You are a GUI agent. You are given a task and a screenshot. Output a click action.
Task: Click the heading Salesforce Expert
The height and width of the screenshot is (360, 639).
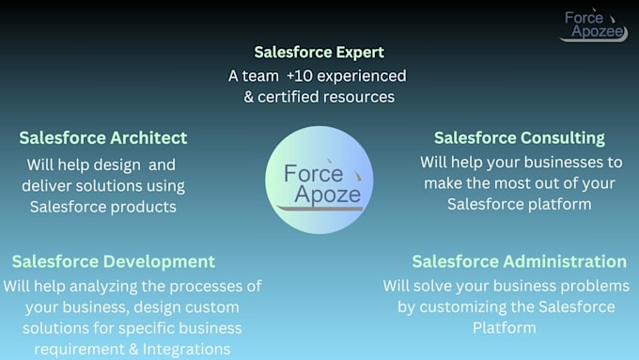click(x=319, y=52)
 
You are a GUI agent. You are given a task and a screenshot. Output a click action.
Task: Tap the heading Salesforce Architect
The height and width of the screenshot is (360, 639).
click(x=102, y=138)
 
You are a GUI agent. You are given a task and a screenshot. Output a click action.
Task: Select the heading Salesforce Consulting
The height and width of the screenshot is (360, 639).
click(x=519, y=138)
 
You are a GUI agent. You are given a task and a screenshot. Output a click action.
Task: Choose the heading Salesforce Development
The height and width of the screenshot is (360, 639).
click(x=113, y=261)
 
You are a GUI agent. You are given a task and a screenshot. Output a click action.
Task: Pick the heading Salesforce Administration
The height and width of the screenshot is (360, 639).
click(x=519, y=261)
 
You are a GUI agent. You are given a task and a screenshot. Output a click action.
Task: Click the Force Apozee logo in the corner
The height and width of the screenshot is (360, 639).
click(x=592, y=25)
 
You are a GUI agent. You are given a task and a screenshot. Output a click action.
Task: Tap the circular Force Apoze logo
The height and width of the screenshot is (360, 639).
click(x=319, y=180)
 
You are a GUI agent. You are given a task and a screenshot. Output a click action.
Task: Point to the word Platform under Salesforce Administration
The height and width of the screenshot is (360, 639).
click(x=505, y=328)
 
